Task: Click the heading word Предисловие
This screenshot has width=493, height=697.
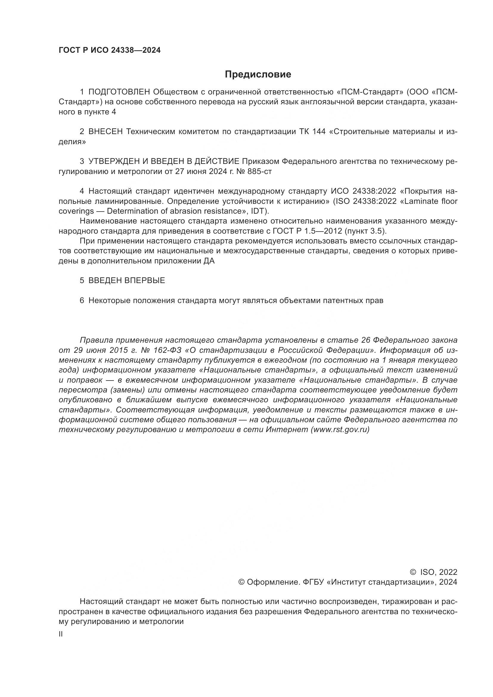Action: (258, 74)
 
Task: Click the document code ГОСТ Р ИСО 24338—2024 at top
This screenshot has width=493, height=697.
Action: (110, 50)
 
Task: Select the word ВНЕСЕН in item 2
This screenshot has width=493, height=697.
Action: (106, 131)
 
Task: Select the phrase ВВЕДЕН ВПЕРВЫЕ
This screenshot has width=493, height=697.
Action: (127, 280)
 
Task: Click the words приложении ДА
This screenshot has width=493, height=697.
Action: (184, 261)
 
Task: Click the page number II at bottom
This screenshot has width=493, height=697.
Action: (61, 634)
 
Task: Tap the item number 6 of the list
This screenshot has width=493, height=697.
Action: (82, 301)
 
